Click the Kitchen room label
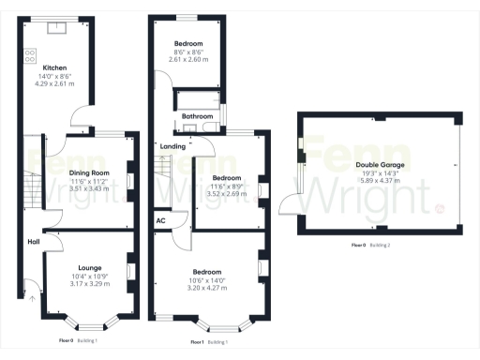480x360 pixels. pos(53,67)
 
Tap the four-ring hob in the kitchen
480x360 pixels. pos(29,55)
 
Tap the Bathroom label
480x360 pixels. pos(195,116)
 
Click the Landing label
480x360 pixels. pos(172,146)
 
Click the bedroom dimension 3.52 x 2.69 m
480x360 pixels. pos(227,192)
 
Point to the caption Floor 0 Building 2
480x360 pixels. pos(374,246)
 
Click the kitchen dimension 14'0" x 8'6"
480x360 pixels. pos(53,75)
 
